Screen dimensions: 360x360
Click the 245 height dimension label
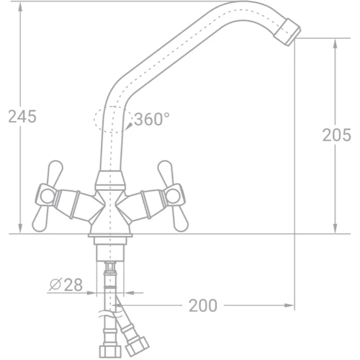(x=22, y=117)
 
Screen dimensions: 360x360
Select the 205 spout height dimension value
(x=336, y=135)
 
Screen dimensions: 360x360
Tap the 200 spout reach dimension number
(x=203, y=305)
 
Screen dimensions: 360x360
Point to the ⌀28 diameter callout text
(x=66, y=284)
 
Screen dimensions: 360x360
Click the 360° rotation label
(x=152, y=119)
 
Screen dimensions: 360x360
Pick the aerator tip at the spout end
(x=287, y=32)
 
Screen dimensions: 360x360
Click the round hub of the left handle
(x=47, y=196)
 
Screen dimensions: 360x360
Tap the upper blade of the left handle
(x=55, y=172)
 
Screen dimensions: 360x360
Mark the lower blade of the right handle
(x=180, y=218)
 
